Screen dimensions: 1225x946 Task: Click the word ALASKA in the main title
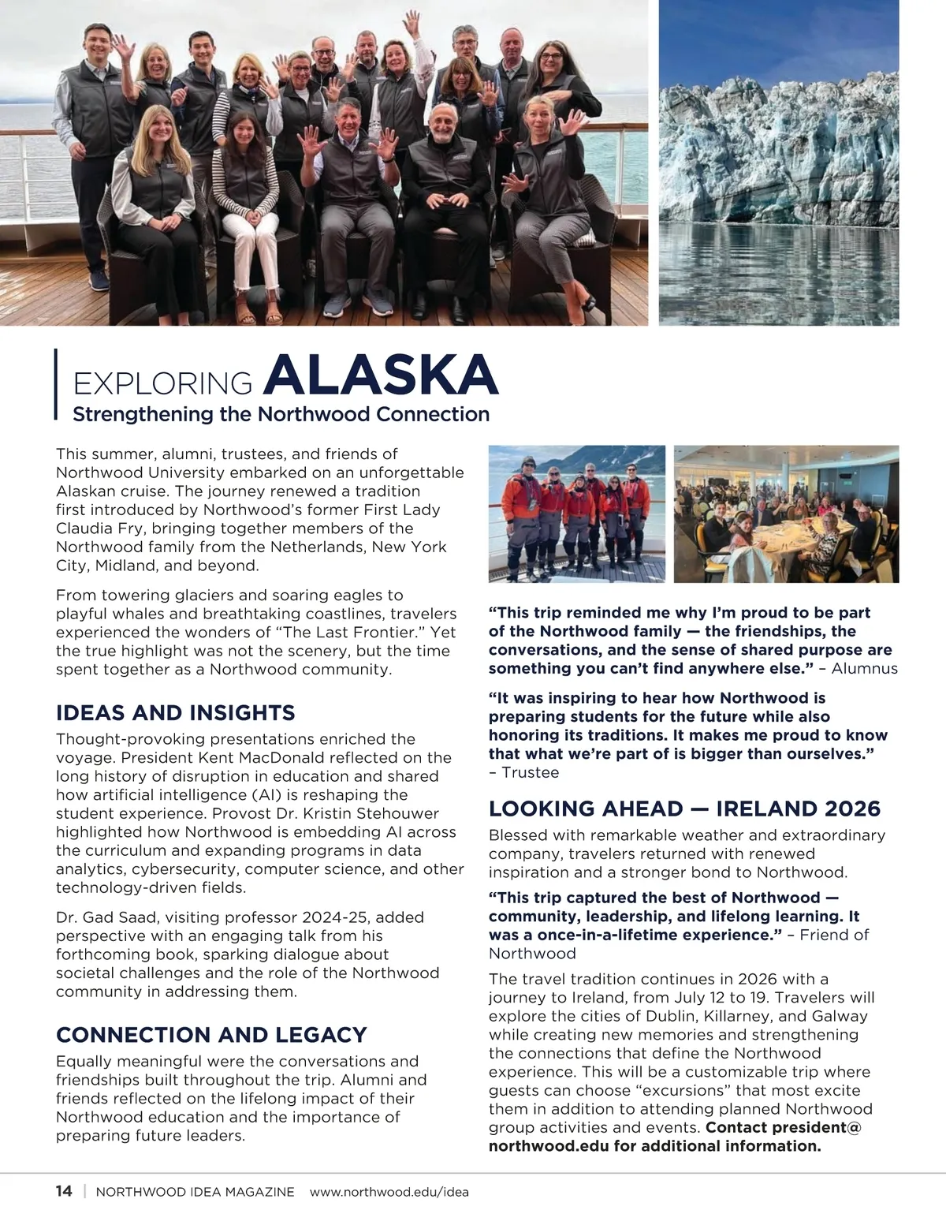coord(380,375)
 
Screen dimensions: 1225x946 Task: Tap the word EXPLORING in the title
coord(162,383)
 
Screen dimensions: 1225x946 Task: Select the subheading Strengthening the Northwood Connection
coord(281,414)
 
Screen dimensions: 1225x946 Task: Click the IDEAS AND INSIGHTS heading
coord(175,713)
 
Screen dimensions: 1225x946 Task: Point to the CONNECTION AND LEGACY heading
coord(211,1035)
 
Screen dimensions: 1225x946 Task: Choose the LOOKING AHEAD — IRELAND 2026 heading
coord(684,809)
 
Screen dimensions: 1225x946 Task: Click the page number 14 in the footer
coord(64,1191)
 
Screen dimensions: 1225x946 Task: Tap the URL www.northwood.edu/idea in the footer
coord(389,1192)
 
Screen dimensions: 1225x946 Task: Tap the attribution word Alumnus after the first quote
coord(865,669)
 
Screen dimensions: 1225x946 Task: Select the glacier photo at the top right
coord(779,162)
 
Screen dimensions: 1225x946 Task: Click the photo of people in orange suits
coord(576,514)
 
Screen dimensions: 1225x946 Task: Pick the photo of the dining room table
coord(787,514)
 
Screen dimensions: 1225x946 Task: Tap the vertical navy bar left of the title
coord(56,383)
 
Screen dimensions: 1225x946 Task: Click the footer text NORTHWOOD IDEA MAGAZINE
coord(195,1192)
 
